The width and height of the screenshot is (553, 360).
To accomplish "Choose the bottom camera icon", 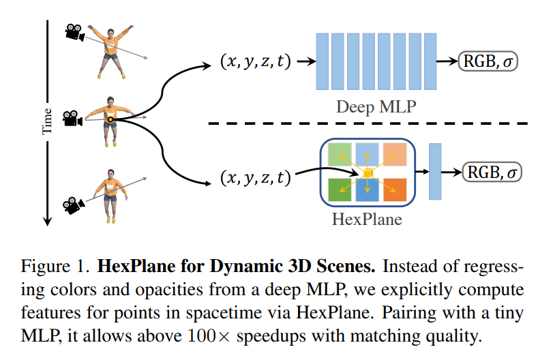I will coord(72,203).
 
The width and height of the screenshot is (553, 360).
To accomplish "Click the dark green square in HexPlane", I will coord(340,190).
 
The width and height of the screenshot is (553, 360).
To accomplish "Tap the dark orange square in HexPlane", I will coord(394,190).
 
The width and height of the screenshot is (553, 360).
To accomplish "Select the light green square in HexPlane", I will coord(340,154).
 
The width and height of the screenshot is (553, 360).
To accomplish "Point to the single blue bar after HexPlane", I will coord(435,171).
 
